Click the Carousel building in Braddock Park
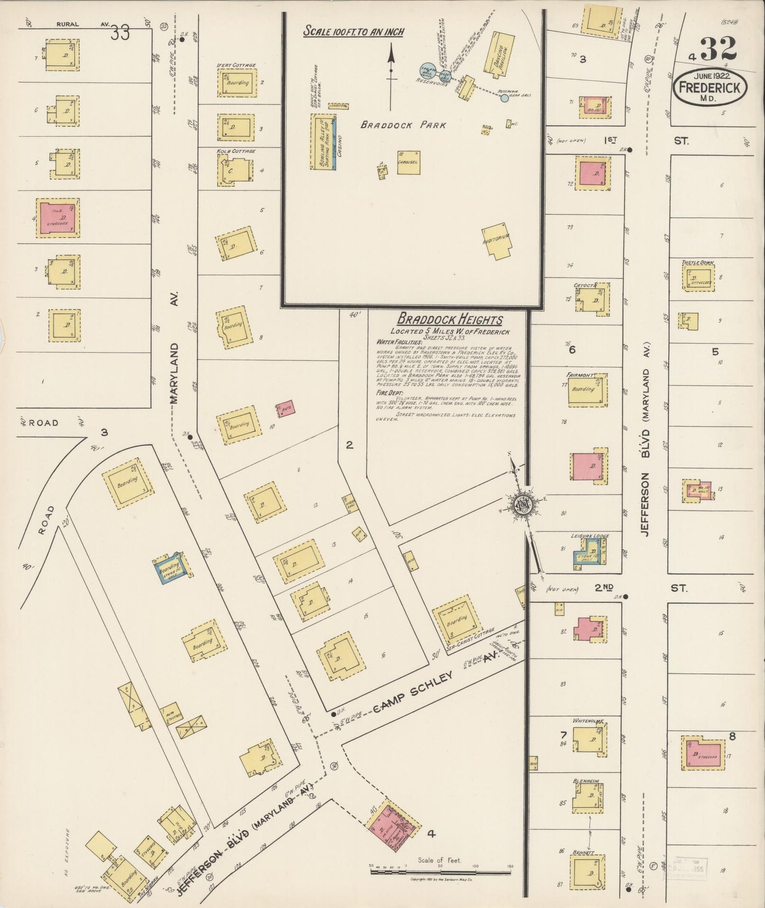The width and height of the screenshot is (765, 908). point(409,163)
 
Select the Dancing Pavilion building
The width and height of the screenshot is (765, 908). point(500,52)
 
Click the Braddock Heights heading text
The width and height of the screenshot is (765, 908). point(449,319)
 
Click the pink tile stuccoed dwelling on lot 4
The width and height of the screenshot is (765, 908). point(58,218)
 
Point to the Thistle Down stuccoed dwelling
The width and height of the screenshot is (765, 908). point(697,278)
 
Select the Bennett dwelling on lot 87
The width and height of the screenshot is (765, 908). point(587,871)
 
